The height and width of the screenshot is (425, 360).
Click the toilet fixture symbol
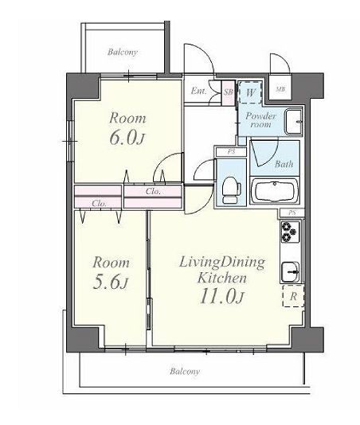coord(232,190)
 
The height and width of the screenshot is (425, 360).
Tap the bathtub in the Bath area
coord(275,191)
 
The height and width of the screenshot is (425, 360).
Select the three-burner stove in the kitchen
coord(290,232)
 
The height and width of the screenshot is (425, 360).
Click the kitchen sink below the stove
coord(290,272)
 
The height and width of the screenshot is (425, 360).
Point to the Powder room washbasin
coord(293,122)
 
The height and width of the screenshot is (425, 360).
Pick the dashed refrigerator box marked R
coord(293,296)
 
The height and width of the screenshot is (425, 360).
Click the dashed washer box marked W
coord(250,92)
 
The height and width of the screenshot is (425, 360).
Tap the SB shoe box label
coord(228,92)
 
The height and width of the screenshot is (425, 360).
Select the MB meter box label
coord(280,89)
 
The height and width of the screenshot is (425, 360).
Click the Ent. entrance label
coord(198,91)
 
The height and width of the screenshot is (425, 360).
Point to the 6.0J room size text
coord(127,138)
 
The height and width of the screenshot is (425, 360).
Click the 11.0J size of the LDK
coord(222,297)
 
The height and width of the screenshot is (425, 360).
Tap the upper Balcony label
coord(123,52)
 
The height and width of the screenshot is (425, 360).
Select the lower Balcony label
coord(185,371)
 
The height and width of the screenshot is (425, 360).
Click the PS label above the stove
coord(292,212)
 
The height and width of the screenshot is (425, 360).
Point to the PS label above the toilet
coord(231,151)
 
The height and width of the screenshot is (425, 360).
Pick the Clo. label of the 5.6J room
coord(99,203)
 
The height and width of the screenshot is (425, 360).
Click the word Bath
coord(284,164)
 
